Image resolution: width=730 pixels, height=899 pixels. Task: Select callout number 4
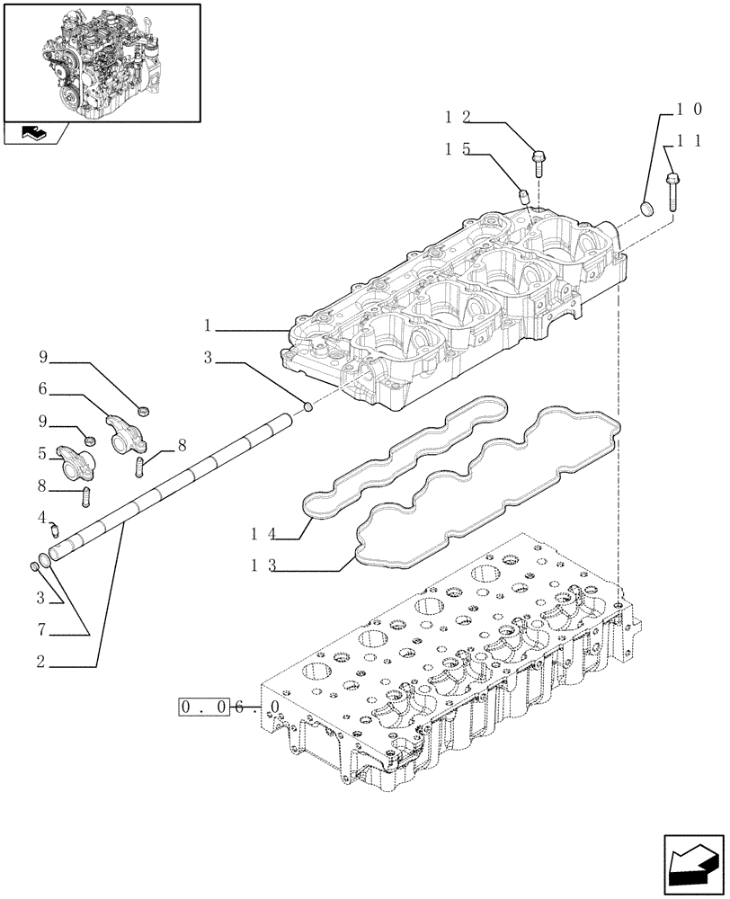coord(41,518)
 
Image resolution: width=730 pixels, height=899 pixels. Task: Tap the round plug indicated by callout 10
coord(645,210)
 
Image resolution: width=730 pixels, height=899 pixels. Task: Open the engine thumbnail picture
coord(102,62)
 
